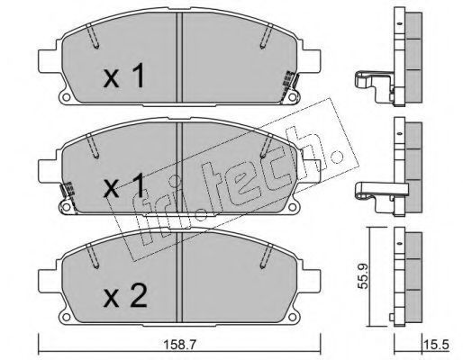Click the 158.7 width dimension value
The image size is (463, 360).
[x=179, y=345]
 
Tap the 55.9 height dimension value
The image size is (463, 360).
[x=363, y=276]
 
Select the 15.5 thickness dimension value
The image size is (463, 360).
[x=437, y=345]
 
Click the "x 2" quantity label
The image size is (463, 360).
[x=125, y=295]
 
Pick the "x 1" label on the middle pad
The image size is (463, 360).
[x=123, y=185]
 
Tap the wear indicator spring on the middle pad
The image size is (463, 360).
[x=68, y=192]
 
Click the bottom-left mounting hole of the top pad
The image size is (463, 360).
[x=67, y=97]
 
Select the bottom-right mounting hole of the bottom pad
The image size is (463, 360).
[x=292, y=317]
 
